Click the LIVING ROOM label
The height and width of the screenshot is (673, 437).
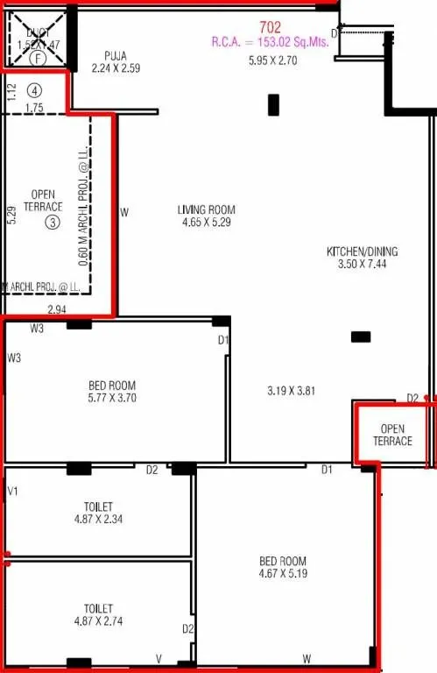click(207, 209)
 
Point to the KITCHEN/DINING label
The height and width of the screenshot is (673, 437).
click(362, 251)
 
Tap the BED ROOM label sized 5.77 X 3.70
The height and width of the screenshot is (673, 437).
click(112, 385)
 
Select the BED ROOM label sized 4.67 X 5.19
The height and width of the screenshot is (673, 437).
click(283, 561)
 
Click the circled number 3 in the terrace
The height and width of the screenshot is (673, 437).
click(53, 223)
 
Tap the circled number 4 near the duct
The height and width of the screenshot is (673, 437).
click(34, 89)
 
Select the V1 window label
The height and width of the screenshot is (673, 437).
click(13, 491)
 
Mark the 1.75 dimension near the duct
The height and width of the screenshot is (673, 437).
click(35, 108)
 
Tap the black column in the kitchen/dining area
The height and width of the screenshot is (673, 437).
click(360, 336)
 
